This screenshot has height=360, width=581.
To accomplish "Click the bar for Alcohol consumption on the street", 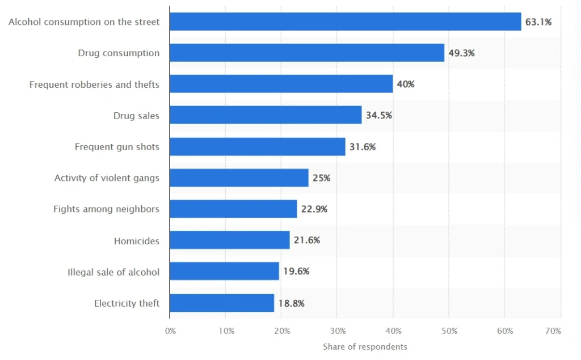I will (x=345, y=22).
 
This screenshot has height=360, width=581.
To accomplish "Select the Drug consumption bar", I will (x=306, y=53).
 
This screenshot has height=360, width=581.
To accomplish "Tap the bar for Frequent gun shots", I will (x=257, y=147).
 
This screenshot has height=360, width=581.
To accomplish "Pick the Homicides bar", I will (x=229, y=240).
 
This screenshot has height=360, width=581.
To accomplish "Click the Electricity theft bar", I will (x=221, y=303).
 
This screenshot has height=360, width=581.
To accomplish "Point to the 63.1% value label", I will (x=538, y=22).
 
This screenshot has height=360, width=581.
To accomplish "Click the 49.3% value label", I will (x=461, y=53).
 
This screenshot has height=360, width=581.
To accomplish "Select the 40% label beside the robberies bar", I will (x=406, y=84).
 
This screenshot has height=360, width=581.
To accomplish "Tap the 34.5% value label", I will (x=379, y=116).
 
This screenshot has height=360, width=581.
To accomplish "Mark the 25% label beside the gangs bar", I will (x=321, y=178).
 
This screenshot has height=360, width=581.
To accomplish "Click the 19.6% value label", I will (x=296, y=272).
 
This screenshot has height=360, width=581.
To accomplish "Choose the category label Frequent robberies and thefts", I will (x=94, y=84).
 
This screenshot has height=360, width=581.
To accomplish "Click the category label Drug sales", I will (x=136, y=116).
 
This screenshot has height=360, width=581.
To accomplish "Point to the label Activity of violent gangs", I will (x=107, y=178).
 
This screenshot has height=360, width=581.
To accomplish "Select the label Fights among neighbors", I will (x=106, y=209).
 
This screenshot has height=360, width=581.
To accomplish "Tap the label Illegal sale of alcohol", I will (x=113, y=272).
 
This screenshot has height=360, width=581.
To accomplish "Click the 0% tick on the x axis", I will (x=170, y=331).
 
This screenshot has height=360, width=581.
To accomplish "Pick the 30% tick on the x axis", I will (x=338, y=331).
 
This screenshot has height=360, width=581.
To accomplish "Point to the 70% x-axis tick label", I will (x=553, y=331).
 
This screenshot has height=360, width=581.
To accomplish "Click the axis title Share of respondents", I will (x=365, y=346).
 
